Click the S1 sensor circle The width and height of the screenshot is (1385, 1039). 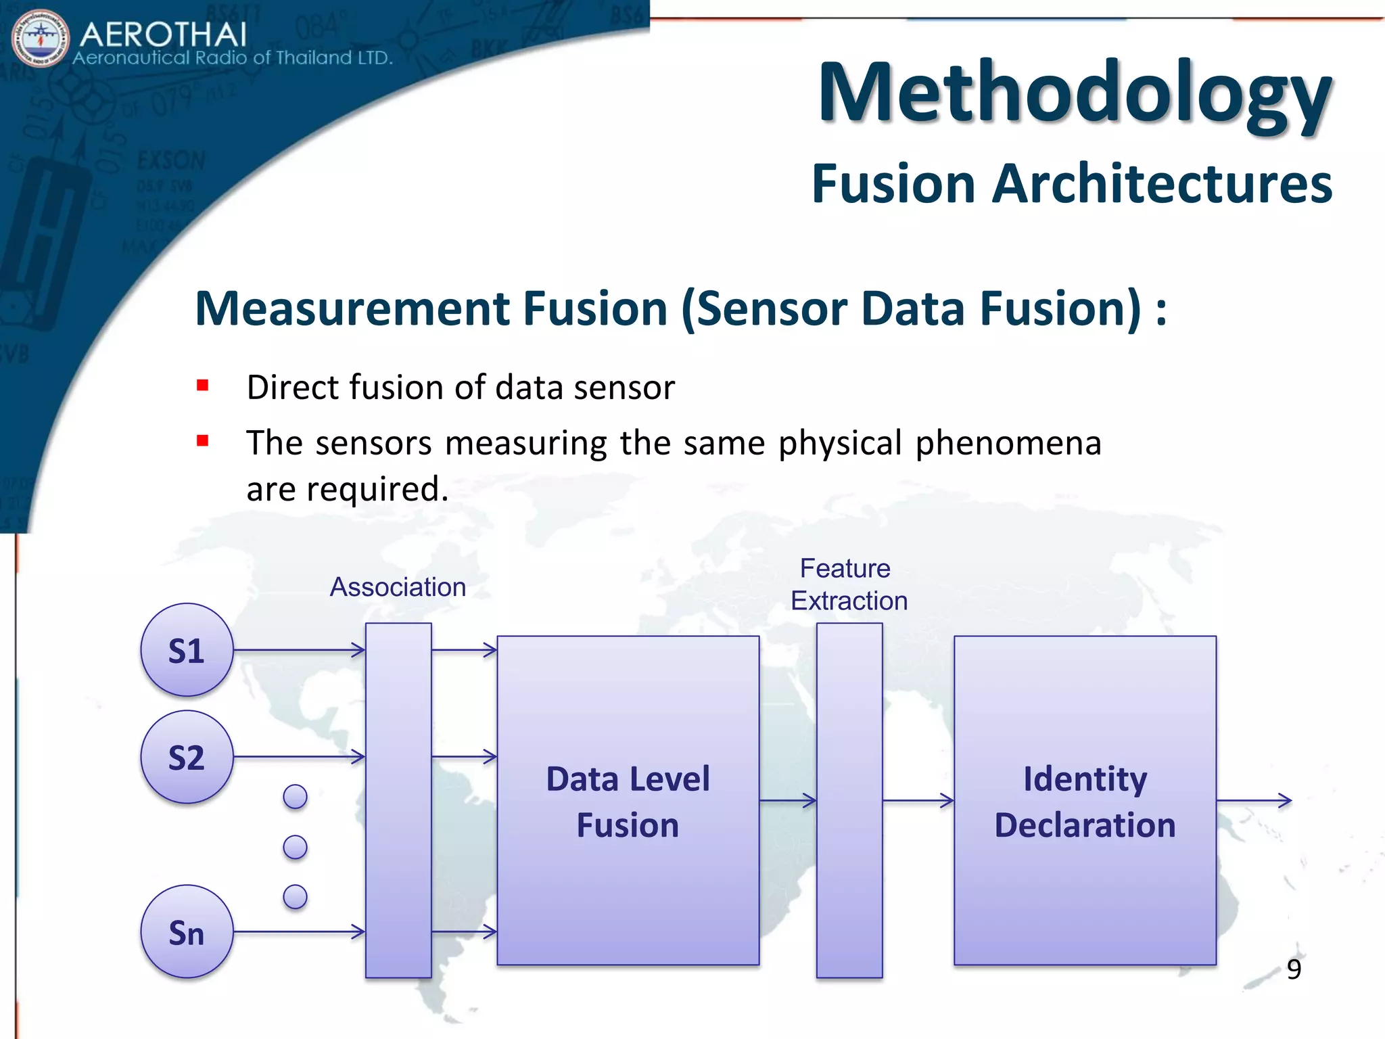pos(187,650)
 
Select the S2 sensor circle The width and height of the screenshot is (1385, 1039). pos(187,757)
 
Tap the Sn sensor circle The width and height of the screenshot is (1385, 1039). pos(187,931)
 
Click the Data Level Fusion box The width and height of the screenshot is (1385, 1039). pos(628,800)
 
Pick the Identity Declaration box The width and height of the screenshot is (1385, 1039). pos(1085,800)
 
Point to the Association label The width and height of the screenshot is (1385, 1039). pos(398,587)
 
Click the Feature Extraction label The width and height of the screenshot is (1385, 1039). pos(848,584)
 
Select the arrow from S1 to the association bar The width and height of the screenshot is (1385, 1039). pos(299,650)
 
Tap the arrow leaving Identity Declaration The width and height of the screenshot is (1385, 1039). pos(1254,801)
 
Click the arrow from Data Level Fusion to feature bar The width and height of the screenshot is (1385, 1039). pos(788,801)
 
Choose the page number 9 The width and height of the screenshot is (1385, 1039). pos(1294,969)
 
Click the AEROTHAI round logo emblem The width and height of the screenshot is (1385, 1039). pos(41,39)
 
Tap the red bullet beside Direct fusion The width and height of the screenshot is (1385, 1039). pos(202,386)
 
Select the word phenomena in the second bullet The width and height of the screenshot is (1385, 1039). pos(1008,443)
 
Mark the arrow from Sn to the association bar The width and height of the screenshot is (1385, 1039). pos(299,932)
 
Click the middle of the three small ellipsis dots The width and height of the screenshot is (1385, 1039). pos(295,847)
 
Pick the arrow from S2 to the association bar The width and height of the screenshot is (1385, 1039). pos(299,757)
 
